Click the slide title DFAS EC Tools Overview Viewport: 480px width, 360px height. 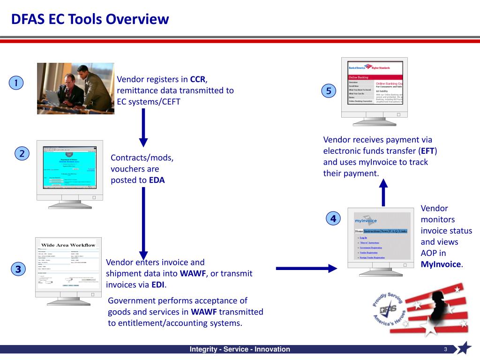(x=90, y=19)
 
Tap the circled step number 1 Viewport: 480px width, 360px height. (x=16, y=83)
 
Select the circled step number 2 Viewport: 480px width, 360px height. (x=22, y=153)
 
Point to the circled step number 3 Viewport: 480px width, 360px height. (x=18, y=269)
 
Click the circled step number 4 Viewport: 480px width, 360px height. (x=333, y=218)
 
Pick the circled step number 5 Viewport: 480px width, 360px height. (x=329, y=91)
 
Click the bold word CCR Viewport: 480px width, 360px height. (x=198, y=79)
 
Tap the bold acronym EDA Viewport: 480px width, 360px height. (x=157, y=180)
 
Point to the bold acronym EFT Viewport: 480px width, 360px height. (x=427, y=151)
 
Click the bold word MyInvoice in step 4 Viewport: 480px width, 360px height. (x=441, y=264)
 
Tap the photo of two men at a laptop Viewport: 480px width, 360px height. (x=75, y=88)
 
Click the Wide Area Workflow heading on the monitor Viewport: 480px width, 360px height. (x=68, y=245)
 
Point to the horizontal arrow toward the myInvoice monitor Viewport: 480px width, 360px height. (x=307, y=268)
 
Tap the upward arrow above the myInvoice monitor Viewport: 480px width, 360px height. (x=383, y=192)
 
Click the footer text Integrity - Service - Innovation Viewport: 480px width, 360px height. (x=240, y=349)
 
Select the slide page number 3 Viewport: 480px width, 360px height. (x=446, y=349)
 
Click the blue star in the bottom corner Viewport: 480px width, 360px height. (x=464, y=348)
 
